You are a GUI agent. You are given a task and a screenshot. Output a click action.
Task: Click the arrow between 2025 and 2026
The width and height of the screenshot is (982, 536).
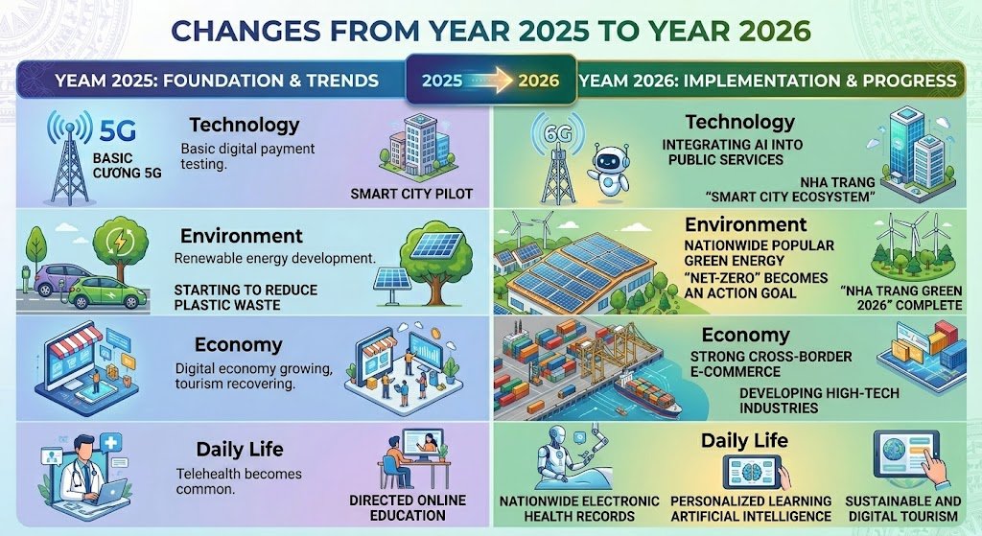pyautogui.click(x=490, y=80)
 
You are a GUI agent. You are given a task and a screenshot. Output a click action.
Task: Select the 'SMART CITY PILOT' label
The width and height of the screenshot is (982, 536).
pyautogui.click(x=411, y=194)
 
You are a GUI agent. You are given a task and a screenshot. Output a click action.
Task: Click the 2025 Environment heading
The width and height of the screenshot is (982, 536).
pyautogui.click(x=241, y=236)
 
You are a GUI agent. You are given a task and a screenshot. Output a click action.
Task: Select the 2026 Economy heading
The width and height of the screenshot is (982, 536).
pyautogui.click(x=745, y=336)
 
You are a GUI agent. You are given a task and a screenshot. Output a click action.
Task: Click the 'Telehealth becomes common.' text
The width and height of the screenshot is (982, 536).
pyautogui.click(x=239, y=481)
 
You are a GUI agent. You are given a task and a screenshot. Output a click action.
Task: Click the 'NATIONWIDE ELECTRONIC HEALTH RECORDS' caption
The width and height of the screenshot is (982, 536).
pyautogui.click(x=579, y=508)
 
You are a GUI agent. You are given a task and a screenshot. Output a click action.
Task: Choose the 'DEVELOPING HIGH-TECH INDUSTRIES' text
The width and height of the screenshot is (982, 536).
pyautogui.click(x=793, y=401)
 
